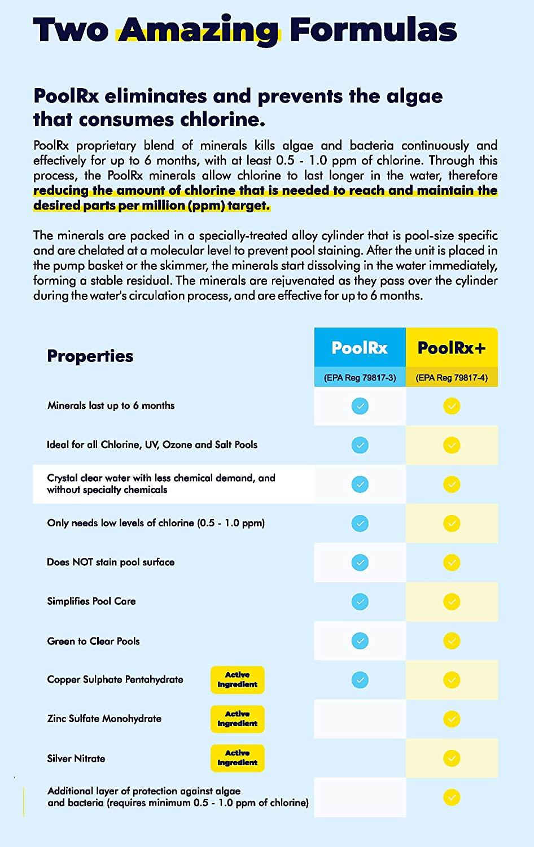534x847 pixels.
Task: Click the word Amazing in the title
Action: coord(198,29)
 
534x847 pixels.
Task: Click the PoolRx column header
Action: coord(360,347)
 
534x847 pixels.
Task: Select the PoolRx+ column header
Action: coord(452,347)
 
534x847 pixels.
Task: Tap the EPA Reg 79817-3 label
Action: coord(360,378)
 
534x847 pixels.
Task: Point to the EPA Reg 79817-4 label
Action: coord(452,378)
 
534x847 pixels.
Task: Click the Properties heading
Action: coord(90,356)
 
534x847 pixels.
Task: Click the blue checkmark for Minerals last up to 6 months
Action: coord(360,406)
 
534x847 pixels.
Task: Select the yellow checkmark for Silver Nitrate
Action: coord(452,758)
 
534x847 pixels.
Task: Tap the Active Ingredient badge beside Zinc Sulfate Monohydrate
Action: coord(237,719)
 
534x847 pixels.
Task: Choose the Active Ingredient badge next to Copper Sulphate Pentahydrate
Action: coord(237,679)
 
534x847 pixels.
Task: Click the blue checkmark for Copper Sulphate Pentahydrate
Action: coord(360,680)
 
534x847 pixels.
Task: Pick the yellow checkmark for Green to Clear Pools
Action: coord(452,640)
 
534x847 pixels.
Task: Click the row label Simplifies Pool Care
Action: coord(91,601)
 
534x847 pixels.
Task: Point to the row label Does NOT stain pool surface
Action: coord(111,562)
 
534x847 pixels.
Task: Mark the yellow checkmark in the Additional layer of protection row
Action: coord(452,797)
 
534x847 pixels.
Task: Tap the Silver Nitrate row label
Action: coord(76,758)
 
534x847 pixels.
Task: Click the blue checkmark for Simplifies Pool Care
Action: coord(360,601)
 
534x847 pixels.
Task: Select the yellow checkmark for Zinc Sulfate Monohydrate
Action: coord(452,719)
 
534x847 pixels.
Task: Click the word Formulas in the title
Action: coord(373,29)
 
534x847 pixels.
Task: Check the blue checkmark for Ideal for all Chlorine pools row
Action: coord(360,445)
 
